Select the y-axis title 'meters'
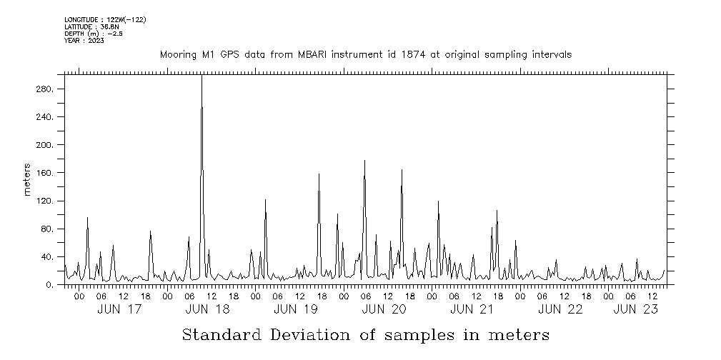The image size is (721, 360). click(x=27, y=180)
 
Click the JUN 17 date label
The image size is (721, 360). click(x=119, y=309)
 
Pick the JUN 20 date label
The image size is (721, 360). click(x=384, y=309)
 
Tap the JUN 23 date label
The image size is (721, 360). click(x=636, y=309)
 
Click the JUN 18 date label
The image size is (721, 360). click(x=207, y=309)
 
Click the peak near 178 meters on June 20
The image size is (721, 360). click(x=364, y=161)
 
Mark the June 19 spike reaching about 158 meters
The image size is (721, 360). click(x=319, y=174)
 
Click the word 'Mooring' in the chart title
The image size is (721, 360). click(x=176, y=54)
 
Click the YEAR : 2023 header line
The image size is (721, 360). click(x=84, y=41)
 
